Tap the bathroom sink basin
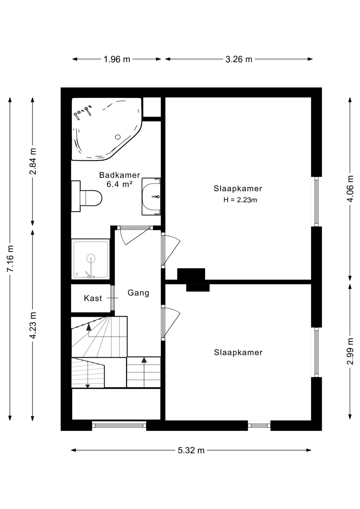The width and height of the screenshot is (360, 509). pos(151,197)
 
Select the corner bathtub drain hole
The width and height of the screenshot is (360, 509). pos(118,137)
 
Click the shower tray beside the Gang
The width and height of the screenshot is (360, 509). pos(91,259)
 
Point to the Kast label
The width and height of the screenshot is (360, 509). pos(93,298)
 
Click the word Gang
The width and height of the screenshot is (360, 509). pos(138,293)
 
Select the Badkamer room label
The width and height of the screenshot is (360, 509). pos(120,175)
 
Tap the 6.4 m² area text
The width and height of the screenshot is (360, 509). pos(120,184)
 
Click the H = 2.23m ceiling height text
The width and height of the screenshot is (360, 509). pos(240,200)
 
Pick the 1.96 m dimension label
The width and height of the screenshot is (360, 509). pos(117,59)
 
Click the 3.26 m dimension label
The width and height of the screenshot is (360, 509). pos(239,59)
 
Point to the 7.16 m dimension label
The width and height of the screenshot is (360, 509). pos(10,258)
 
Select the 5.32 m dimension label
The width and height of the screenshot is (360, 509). pos(191,450)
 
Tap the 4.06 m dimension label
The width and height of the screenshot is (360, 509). pos(350,189)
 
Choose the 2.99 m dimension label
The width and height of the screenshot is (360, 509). pos(350,351)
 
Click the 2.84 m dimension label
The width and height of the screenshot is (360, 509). pos(33,161)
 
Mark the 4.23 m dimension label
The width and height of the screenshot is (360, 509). pos(33,325)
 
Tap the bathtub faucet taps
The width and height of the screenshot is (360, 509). pos(83,112)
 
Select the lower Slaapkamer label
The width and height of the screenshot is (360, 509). pos(238,352)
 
